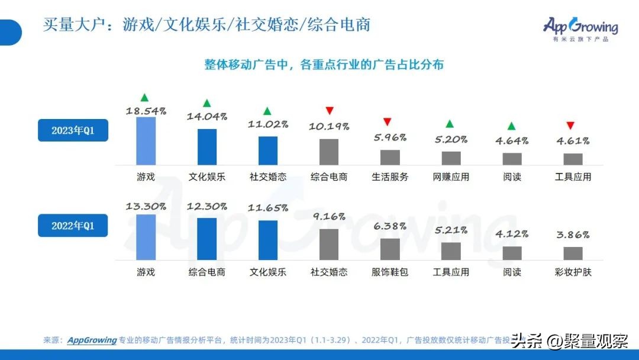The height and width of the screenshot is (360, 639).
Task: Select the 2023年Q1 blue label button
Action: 73,130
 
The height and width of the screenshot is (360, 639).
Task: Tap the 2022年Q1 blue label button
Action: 73,226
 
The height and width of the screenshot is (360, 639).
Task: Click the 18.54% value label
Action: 146,110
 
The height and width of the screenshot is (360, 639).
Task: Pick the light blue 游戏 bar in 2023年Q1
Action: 146,141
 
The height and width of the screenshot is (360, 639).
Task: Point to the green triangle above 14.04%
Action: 206,103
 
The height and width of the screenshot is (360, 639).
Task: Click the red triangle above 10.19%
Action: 330,111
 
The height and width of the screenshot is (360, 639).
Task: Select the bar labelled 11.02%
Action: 267,150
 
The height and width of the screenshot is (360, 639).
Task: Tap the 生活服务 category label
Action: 390,176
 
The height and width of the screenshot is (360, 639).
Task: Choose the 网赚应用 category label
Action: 451,176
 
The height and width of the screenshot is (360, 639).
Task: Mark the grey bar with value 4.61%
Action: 573,159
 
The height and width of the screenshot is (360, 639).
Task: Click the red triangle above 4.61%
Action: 570,126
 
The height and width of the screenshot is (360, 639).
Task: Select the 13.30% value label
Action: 146,207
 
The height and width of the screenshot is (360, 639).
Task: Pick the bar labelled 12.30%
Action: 206,239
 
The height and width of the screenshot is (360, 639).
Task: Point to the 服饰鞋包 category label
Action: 390,272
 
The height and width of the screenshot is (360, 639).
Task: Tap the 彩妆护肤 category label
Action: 573,272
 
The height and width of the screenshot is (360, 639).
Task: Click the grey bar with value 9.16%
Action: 329,245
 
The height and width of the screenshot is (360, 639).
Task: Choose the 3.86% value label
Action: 573,236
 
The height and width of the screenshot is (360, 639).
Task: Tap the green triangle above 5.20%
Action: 450,124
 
